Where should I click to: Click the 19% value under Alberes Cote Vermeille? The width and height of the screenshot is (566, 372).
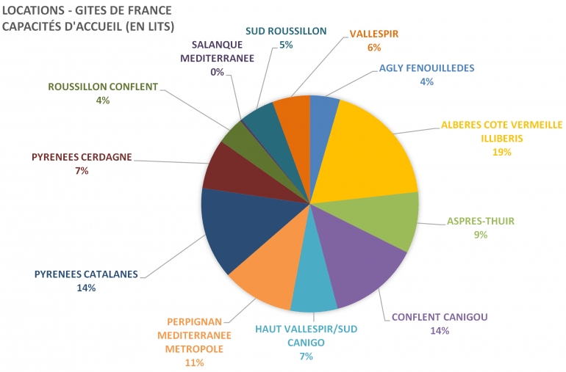pyautogui.click(x=502, y=152)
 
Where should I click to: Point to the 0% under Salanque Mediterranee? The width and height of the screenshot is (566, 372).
pyautogui.click(x=217, y=72)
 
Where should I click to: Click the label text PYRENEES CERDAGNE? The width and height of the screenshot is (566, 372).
pyautogui.click(x=81, y=157)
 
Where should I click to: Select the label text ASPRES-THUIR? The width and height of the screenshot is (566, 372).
pyautogui.click(x=481, y=221)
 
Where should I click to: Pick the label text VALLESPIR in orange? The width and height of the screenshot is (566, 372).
pyautogui.click(x=375, y=34)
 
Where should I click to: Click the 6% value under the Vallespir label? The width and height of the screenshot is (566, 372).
pyautogui.click(x=374, y=47)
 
